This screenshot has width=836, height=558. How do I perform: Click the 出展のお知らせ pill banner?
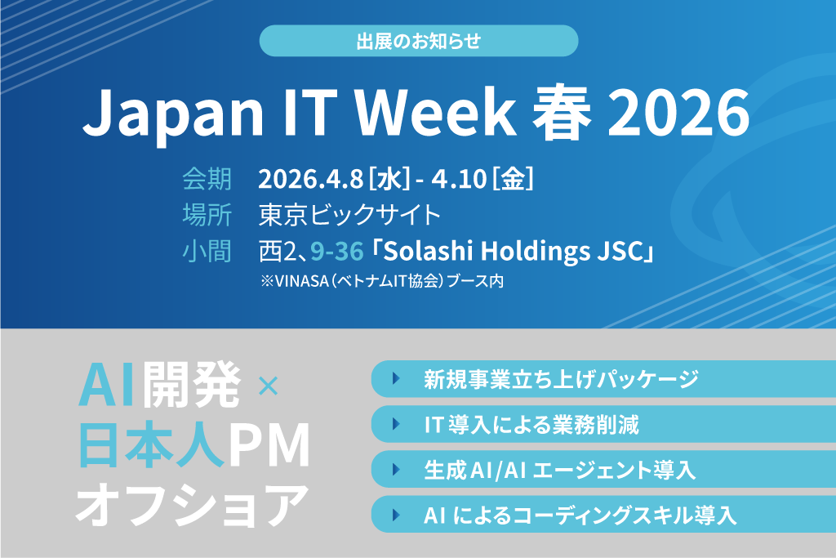click(x=419, y=41)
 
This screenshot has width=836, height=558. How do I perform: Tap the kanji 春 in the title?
click(x=562, y=114)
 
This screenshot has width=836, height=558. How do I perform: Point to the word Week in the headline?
click(x=434, y=114)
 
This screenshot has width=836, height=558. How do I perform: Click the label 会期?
click(x=207, y=179)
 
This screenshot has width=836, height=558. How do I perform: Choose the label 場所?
click(x=207, y=214)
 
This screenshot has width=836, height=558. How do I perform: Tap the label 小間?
click(x=207, y=251)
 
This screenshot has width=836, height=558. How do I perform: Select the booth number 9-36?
click(x=337, y=251)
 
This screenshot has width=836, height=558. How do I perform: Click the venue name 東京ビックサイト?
click(x=349, y=214)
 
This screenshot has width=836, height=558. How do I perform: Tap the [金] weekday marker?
click(x=513, y=179)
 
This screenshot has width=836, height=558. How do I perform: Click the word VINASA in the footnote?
click(x=301, y=281)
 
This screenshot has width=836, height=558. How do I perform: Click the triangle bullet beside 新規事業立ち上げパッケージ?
click(x=396, y=378)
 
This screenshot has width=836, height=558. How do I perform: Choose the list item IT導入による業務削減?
click(x=531, y=425)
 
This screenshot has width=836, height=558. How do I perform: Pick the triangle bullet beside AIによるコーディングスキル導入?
click(x=396, y=515)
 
